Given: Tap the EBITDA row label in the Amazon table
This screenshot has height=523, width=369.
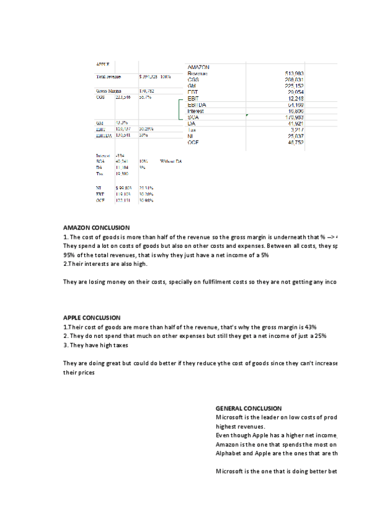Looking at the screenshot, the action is (197, 105).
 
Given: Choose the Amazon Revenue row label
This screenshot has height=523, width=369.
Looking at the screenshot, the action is (197, 73).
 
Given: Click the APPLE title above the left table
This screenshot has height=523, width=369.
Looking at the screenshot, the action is (103, 64).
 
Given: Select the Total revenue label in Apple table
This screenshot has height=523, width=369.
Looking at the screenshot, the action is (108, 77).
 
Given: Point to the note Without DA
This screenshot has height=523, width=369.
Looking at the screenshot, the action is (171, 161).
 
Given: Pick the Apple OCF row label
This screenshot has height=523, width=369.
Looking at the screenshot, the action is (100, 200).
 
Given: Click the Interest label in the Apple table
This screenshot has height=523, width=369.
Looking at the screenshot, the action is (103, 155).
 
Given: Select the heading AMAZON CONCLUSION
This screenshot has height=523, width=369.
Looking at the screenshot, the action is (96, 228).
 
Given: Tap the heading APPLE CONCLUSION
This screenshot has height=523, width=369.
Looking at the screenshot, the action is (92, 318).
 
